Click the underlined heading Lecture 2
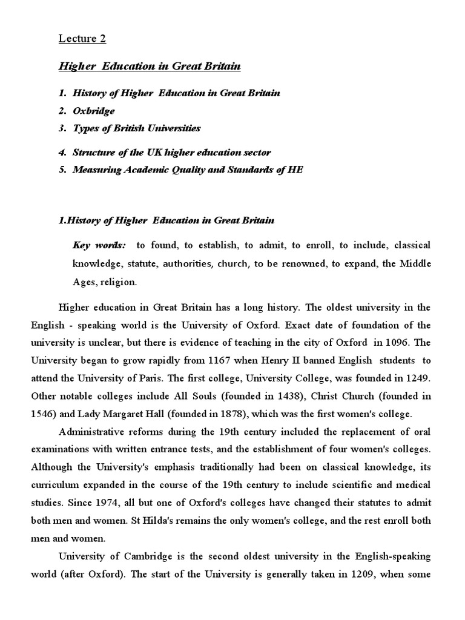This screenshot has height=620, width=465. [82, 39]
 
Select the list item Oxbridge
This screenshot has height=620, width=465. [93, 111]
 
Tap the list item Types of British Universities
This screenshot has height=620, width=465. [136, 128]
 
